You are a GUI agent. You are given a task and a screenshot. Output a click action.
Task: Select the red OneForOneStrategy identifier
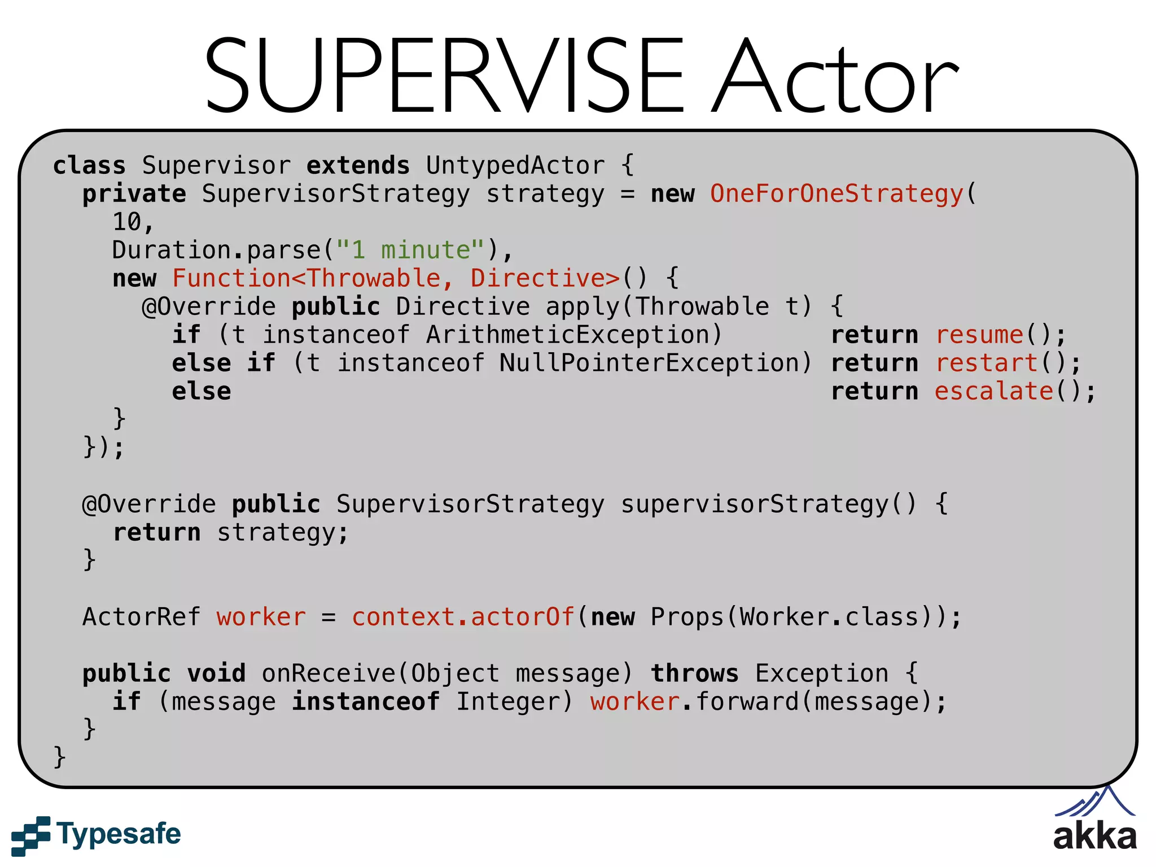[837, 194]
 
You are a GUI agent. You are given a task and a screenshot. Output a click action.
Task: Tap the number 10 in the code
[127, 222]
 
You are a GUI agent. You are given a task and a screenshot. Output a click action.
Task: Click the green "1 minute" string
[410, 250]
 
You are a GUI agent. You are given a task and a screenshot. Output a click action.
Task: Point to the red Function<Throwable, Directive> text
[396, 278]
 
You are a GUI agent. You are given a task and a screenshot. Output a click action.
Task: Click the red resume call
[979, 335]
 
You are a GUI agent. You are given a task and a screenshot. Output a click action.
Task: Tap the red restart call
[987, 363]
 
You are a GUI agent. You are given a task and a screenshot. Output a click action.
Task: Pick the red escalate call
[994, 391]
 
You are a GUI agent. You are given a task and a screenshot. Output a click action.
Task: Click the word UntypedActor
[515, 165]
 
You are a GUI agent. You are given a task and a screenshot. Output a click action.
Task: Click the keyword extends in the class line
[358, 165]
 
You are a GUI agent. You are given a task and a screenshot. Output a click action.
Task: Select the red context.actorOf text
[463, 617]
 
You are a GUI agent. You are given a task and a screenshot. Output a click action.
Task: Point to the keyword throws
[694, 673]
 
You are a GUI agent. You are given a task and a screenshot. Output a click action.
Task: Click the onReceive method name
[329, 673]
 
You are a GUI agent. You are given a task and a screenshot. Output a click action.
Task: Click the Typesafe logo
[96, 835]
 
